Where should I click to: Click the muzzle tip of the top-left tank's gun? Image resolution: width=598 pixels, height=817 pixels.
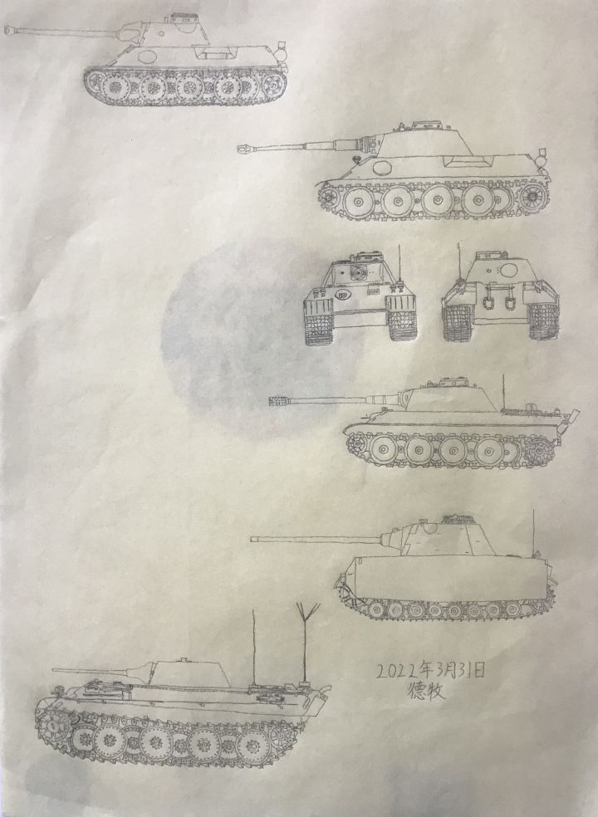(7, 31)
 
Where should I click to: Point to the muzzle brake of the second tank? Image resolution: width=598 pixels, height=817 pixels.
(245, 149)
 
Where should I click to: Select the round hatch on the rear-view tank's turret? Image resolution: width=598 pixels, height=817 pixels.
(507, 269)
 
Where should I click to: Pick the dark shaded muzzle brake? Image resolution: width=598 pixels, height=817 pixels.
(277, 401)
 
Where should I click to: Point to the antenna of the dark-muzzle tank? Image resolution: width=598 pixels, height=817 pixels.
(503, 392)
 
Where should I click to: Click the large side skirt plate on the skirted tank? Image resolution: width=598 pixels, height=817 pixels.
(448, 578)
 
